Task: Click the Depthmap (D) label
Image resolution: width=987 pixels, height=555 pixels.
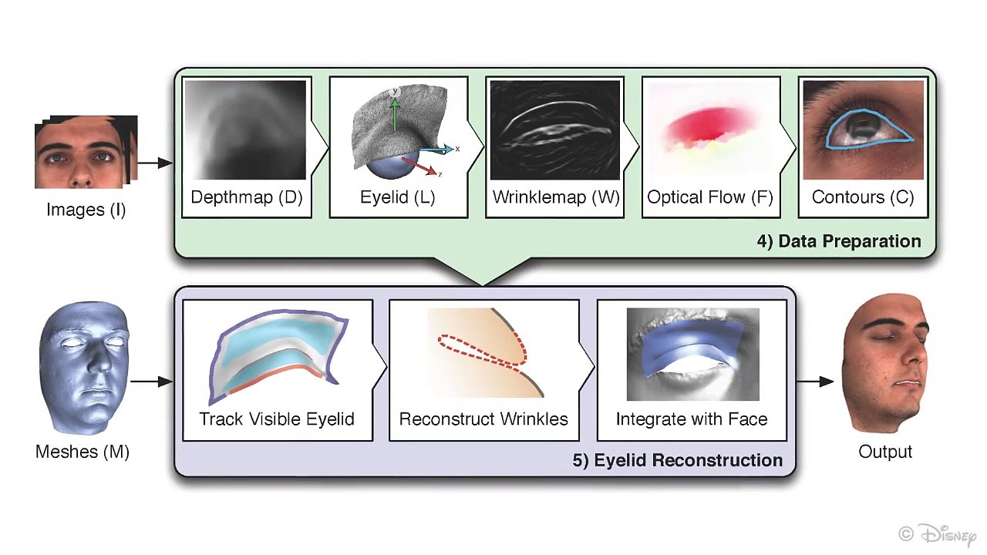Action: pyautogui.click(x=247, y=197)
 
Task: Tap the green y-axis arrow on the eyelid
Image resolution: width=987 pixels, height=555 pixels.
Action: pyautogui.click(x=395, y=113)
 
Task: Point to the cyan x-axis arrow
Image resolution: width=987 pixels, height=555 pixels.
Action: pyautogui.click(x=436, y=150)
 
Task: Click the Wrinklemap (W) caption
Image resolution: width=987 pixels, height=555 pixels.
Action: pyautogui.click(x=556, y=197)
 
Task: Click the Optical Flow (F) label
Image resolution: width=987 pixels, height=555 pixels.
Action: pyautogui.click(x=710, y=197)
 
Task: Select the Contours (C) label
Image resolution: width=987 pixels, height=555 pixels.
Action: pyautogui.click(x=863, y=197)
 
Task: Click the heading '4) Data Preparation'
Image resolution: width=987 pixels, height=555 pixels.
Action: pyautogui.click(x=839, y=241)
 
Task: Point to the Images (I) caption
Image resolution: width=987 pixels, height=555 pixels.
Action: pyautogui.click(x=86, y=210)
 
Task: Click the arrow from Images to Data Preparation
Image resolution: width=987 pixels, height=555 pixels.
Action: pyautogui.click(x=155, y=163)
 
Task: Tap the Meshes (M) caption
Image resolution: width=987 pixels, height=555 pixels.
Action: pyautogui.click(x=83, y=452)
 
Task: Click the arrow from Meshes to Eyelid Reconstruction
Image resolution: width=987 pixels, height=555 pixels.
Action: pyautogui.click(x=152, y=382)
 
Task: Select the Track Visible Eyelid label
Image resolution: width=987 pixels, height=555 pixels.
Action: pyautogui.click(x=277, y=419)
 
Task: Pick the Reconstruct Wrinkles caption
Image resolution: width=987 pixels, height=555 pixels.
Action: pyautogui.click(x=483, y=419)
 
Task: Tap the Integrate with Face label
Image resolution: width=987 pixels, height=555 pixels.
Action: pyautogui.click(x=692, y=419)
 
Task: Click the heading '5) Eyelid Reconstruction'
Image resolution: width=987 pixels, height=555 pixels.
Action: pyautogui.click(x=678, y=460)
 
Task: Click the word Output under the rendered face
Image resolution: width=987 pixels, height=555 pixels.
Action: pyautogui.click(x=884, y=452)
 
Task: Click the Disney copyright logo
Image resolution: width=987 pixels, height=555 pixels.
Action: pyautogui.click(x=938, y=535)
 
